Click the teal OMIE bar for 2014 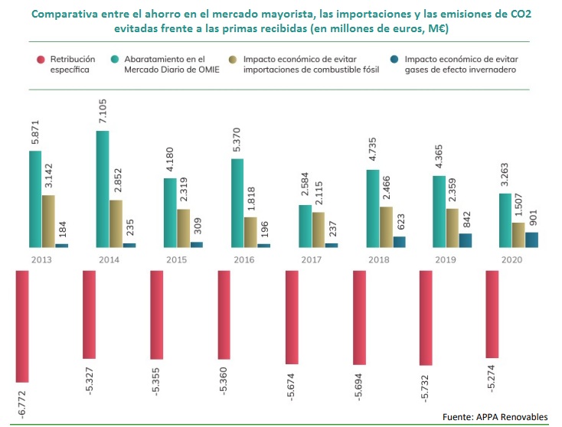pyautogui.click(x=102, y=189)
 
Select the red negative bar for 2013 pyautogui.click(x=22, y=325)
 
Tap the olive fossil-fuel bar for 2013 pyautogui.click(x=48, y=221)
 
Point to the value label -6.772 pyautogui.click(x=22, y=402)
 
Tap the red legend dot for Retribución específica pyautogui.click(x=39, y=58)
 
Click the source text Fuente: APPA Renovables pyautogui.click(x=495, y=416)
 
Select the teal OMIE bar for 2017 pyautogui.click(x=305, y=226)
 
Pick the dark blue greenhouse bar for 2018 pyautogui.click(x=399, y=242)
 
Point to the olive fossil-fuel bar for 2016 pyautogui.click(x=250, y=232)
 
